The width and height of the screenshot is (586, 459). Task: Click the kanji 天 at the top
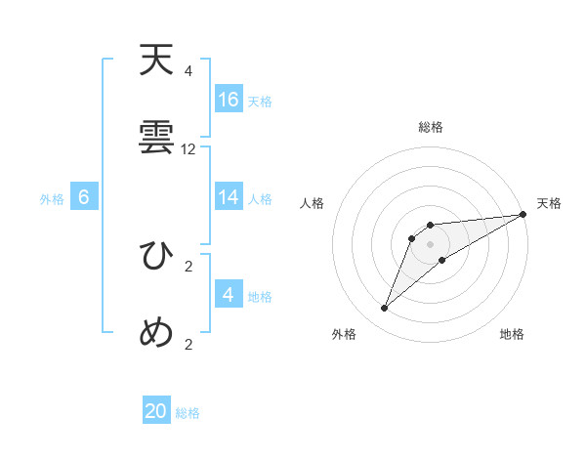tap(157, 62)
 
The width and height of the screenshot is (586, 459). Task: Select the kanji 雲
tap(157, 140)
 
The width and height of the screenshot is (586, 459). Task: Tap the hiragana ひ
tap(157, 256)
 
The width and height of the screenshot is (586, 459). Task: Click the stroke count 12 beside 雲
tap(188, 149)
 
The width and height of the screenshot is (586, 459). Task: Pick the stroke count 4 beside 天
tap(188, 71)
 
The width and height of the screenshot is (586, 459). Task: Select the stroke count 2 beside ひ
tap(188, 266)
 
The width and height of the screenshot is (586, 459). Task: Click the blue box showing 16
tap(229, 100)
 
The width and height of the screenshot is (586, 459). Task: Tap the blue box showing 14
tap(229, 197)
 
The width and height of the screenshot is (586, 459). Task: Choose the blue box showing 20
tap(156, 412)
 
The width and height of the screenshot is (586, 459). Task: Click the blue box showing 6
tap(84, 197)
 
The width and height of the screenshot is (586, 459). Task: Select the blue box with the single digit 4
tap(229, 295)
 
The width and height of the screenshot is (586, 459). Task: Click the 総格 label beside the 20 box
tap(188, 413)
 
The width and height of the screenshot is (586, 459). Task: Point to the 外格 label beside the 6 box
tap(52, 198)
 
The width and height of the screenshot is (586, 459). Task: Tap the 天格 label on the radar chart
tap(549, 203)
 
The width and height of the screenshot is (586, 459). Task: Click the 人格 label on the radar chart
tap(313, 203)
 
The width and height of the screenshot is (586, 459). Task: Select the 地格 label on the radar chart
tap(512, 335)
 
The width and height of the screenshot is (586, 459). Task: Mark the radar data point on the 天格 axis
tap(523, 214)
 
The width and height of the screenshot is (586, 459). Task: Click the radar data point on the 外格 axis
tap(385, 309)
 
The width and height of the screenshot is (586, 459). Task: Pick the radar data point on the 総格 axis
tap(431, 226)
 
